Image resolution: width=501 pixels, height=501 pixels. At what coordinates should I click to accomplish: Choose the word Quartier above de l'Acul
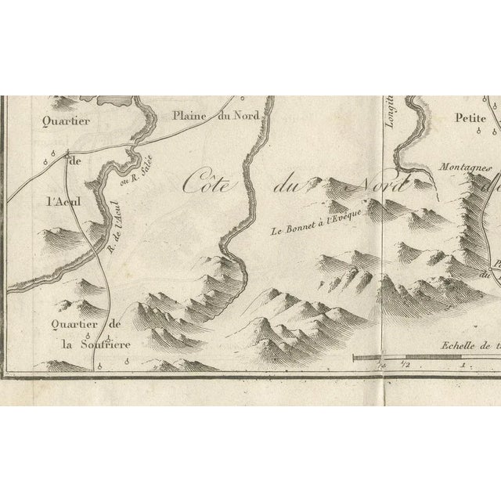[67, 121]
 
